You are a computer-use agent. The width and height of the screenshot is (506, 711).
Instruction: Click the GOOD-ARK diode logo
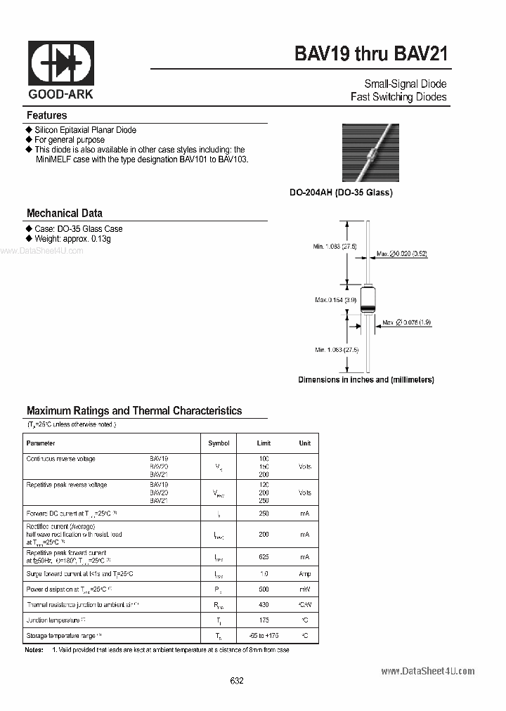[60, 63]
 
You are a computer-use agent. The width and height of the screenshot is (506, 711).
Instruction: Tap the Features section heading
[46, 115]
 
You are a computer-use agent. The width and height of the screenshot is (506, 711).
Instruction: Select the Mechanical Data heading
[64, 213]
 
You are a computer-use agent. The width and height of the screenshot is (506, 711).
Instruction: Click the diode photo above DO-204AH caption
[370, 152]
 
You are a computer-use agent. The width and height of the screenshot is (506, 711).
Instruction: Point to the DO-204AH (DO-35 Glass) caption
[341, 193]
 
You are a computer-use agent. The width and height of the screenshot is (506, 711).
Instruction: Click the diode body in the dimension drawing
[368, 301]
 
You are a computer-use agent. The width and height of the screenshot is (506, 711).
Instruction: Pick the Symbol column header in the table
[219, 443]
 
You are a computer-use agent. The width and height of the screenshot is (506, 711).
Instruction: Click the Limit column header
[264, 443]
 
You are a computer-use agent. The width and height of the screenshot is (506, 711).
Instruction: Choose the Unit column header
[304, 443]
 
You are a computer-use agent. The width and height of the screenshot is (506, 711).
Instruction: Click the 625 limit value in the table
[264, 556]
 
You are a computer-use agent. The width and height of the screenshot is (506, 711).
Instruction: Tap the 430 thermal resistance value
[264, 604]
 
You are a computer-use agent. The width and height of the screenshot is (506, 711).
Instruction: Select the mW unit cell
[304, 589]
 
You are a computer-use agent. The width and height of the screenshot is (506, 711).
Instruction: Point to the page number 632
[237, 681]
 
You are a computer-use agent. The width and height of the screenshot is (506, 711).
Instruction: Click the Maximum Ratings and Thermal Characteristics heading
[134, 410]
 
